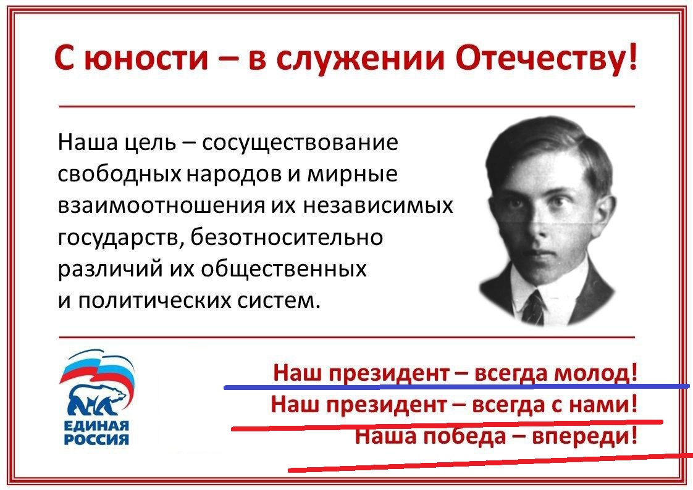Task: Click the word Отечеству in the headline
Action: (541, 58)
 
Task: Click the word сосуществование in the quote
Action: (300, 143)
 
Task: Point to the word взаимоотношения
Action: (161, 206)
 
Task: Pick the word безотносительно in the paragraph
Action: (287, 238)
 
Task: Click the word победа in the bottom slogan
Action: (464, 436)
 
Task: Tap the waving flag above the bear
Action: (96, 368)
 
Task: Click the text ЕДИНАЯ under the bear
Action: (96, 426)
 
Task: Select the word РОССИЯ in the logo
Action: (96, 439)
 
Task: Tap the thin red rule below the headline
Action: (346, 106)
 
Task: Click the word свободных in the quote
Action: (119, 174)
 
